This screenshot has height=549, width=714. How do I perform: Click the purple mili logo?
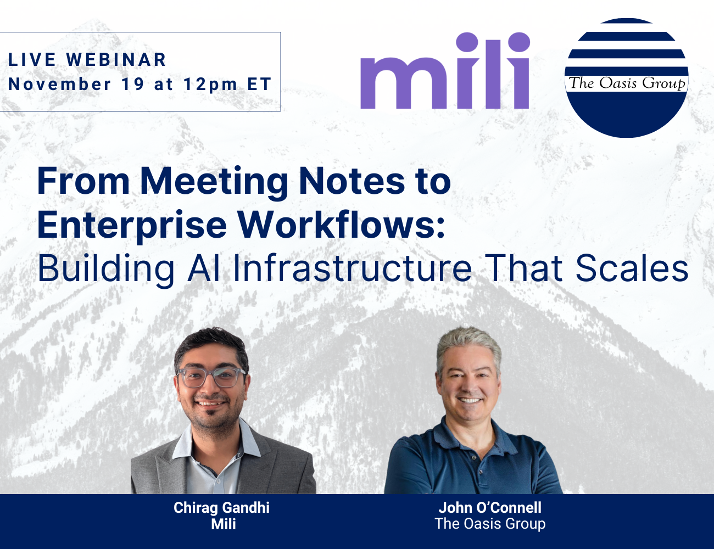tap(445, 71)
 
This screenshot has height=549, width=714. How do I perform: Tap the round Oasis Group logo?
tap(626, 78)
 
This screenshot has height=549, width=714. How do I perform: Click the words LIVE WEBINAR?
tap(87, 60)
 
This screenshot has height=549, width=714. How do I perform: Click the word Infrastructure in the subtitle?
tap(352, 268)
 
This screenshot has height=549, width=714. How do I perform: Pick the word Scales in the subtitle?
tap(632, 268)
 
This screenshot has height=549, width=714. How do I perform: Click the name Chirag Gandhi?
tap(221, 507)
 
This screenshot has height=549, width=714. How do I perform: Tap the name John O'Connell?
tap(490, 507)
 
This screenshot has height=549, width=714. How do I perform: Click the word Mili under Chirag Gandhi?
tap(224, 524)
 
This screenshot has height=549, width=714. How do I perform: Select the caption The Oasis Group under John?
tap(490, 524)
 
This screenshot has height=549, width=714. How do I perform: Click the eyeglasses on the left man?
tap(210, 378)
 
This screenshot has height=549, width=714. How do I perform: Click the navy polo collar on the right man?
tap(439, 434)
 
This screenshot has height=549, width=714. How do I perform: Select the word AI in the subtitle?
tap(205, 268)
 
